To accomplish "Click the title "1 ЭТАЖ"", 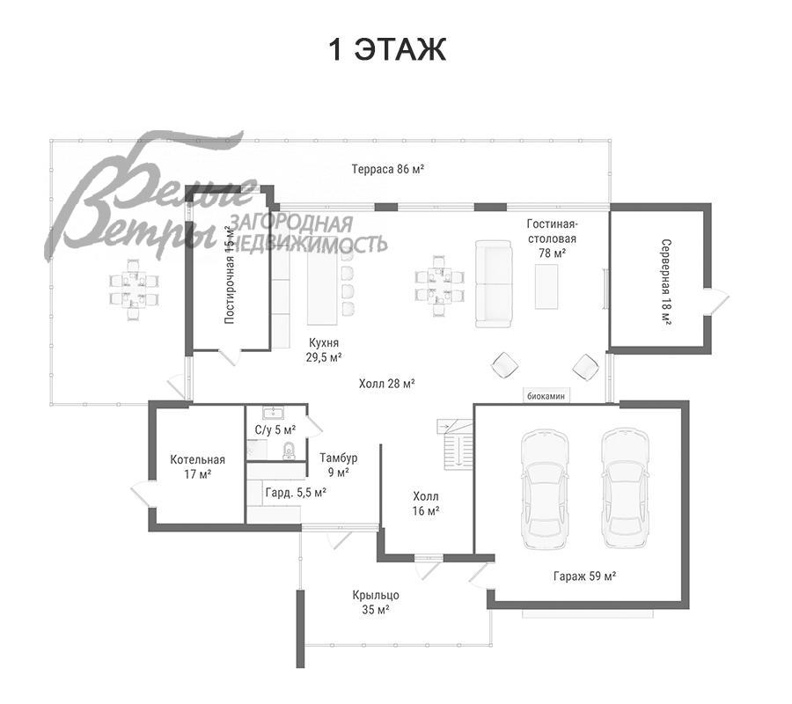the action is coord(387,49).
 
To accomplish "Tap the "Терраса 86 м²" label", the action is coord(387,169).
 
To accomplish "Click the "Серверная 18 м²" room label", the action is coord(666,282).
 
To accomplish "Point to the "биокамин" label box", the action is coord(546,396).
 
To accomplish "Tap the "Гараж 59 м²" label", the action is coord(584,576).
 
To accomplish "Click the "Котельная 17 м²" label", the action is coord(197,466).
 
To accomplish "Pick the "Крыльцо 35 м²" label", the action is coord(376,602).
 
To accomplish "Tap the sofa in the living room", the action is coord(494,284).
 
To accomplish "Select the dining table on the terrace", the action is coord(134,289).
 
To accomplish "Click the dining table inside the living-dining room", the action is coord(439,285).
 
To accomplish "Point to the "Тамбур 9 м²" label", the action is coord(339,465).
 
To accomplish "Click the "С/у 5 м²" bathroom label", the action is coord(275,429).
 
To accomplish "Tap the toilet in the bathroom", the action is coord(289,450).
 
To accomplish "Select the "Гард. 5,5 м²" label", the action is coord(296,492).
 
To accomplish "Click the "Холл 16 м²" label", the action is coord(426,503).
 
